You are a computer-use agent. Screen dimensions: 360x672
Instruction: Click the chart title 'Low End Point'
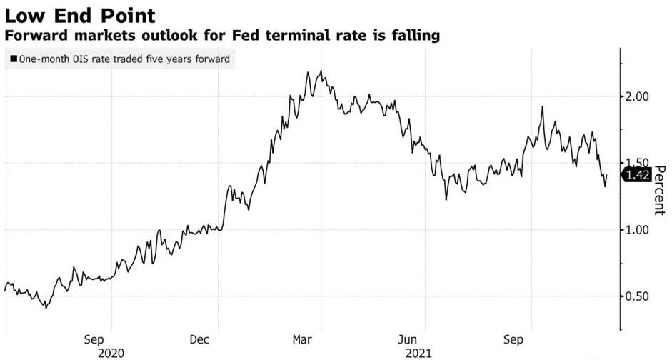81,14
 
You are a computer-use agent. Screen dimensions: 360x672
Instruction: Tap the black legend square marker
13,60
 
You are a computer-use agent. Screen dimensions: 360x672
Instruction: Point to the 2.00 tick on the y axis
638,96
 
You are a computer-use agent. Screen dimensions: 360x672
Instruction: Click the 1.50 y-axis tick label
638,163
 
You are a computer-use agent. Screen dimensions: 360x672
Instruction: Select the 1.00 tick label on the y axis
638,230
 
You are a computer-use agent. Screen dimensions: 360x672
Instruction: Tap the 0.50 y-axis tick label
638,296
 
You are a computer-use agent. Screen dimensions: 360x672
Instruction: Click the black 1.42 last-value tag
638,175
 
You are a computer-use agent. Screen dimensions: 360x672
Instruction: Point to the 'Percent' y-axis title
659,190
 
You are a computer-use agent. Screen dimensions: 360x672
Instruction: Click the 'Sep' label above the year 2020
94,340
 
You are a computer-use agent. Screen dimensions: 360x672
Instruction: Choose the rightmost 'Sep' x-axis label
513,340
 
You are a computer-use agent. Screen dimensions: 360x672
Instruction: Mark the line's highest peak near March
321,71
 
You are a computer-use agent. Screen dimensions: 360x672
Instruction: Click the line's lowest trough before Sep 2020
46,308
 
